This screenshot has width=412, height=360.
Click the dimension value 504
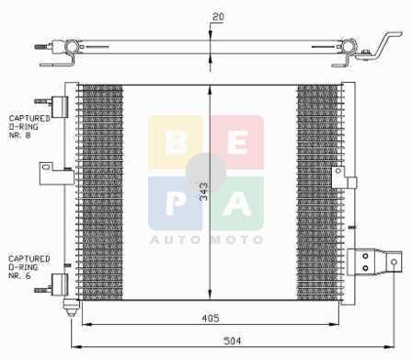pyautogui.click(x=232, y=341)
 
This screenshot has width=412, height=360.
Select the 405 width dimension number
pyautogui.click(x=211, y=319)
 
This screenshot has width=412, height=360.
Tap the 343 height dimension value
pyautogui.click(x=203, y=192)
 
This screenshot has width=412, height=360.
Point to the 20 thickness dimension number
pyautogui.click(x=218, y=17)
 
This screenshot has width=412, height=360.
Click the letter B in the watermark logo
pyautogui.click(x=176, y=143)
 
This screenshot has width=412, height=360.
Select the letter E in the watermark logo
pyautogui.click(x=238, y=143)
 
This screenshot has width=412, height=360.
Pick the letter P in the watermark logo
pyautogui.click(x=175, y=203)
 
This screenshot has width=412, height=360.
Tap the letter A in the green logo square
pyautogui.click(x=237, y=203)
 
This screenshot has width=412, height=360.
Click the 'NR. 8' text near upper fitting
pyautogui.click(x=20, y=135)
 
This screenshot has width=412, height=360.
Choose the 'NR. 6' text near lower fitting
pyautogui.click(x=20, y=275)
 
